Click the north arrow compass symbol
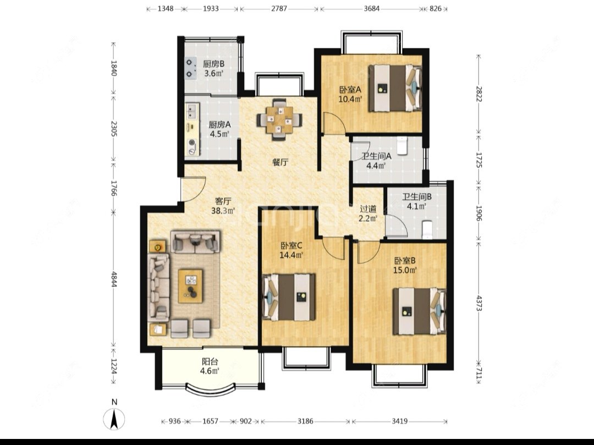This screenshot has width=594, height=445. (114, 419)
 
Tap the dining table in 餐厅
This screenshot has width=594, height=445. (279, 120)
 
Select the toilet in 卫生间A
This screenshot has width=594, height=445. (402, 146)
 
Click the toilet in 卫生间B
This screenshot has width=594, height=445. (427, 229)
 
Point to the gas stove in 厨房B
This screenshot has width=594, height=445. (190, 68)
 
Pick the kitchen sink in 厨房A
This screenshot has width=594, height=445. (192, 111)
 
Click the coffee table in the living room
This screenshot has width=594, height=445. (190, 285)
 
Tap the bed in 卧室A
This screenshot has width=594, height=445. (395, 88)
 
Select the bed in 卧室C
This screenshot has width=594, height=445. (289, 297)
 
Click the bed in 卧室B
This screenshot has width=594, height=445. (419, 311)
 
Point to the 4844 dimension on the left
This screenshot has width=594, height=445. (114, 278)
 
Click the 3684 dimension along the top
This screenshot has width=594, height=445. (372, 8)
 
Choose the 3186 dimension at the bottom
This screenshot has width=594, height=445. (305, 421)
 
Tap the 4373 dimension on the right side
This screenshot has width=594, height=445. (479, 303)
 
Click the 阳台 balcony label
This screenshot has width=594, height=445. (210, 362)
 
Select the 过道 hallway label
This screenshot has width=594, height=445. (368, 208)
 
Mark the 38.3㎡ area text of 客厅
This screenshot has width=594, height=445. (223, 211)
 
